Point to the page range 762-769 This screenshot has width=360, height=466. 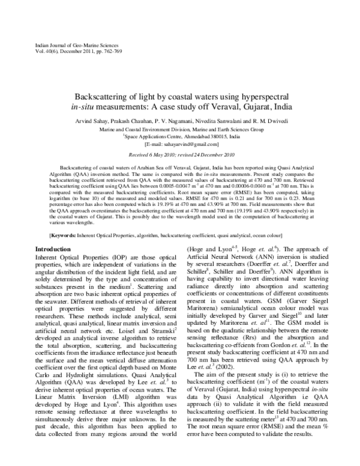click(x=136, y=52)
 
